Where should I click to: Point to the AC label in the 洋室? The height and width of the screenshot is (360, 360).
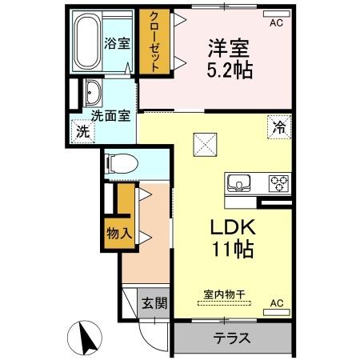tap(276, 23)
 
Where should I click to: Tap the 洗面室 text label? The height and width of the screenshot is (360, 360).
tap(110, 115)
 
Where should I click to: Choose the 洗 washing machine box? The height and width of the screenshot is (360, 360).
tap(82, 133)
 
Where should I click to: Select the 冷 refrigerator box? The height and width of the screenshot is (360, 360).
tap(278, 126)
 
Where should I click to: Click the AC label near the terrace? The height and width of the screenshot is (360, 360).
tap(277, 303)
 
